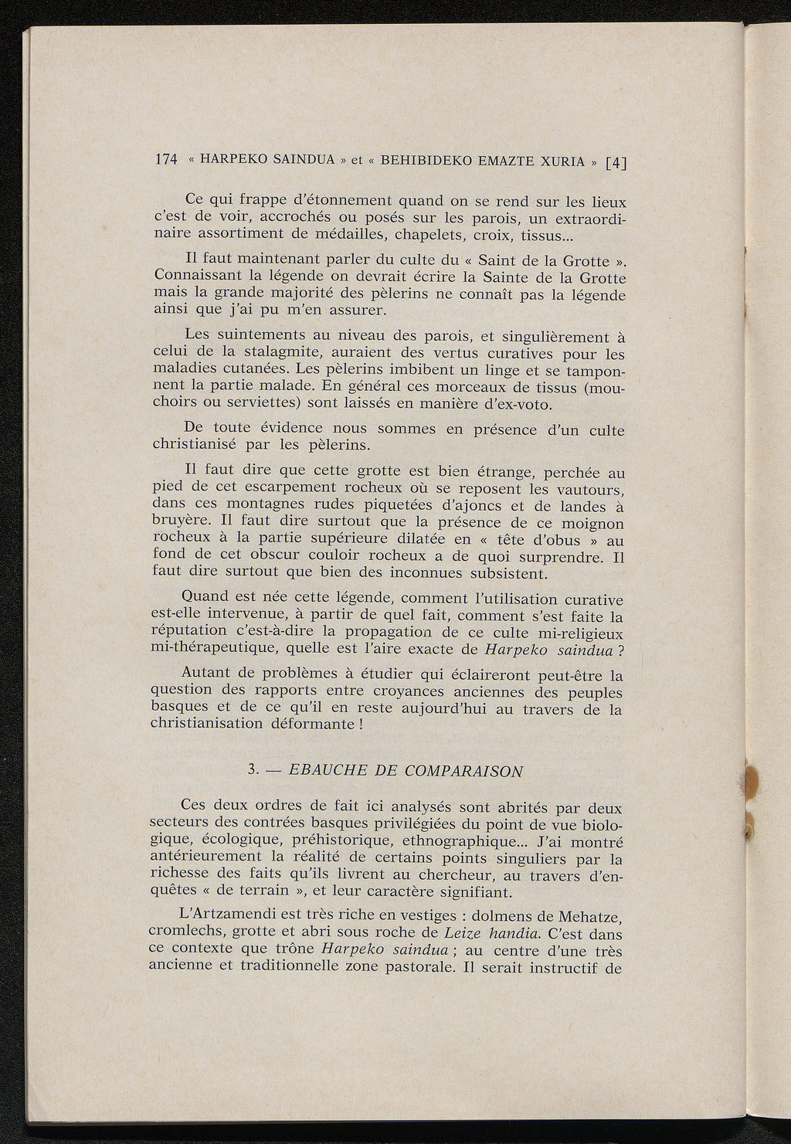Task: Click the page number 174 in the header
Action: [165, 160]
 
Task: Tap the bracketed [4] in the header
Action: [617, 162]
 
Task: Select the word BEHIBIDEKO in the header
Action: [425, 161]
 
